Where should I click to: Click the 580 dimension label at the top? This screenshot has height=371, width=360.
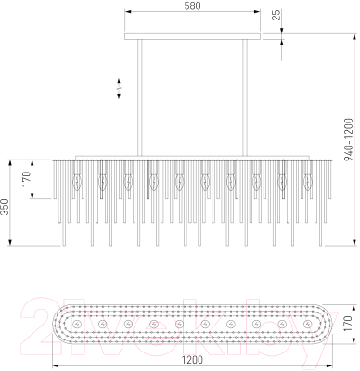point(193,6)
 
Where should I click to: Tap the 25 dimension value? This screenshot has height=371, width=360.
point(277,15)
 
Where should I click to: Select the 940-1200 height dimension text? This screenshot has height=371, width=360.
point(349,139)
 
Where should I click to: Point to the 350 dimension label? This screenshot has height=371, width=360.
point(6,207)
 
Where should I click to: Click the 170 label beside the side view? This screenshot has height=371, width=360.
point(27,179)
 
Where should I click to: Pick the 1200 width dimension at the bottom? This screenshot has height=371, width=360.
point(192,360)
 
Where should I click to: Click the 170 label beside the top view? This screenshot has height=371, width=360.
point(348,324)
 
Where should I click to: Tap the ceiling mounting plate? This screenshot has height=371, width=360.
point(193,36)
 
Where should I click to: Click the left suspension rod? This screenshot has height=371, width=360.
point(140,97)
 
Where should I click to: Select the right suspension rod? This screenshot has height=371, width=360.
point(245,97)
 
